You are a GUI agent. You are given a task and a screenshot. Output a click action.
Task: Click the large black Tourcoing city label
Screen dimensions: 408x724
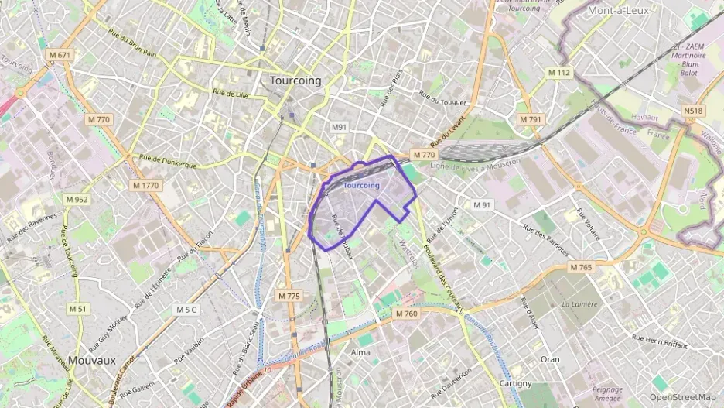pos(295,81)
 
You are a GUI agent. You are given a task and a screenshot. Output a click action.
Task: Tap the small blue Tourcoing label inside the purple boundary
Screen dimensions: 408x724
pos(361,186)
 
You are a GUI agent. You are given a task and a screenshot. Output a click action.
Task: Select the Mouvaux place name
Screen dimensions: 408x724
pos(91,360)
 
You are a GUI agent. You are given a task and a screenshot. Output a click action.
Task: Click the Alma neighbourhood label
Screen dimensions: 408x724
pos(360,352)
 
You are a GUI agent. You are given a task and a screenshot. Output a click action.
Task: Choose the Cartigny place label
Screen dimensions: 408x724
pos(515,383)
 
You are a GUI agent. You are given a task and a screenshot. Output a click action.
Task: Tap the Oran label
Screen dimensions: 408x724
pos(550,359)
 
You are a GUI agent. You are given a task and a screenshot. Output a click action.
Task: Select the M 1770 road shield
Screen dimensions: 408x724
pos(145,186)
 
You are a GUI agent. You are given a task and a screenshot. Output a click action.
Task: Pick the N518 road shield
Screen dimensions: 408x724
pos(694,111)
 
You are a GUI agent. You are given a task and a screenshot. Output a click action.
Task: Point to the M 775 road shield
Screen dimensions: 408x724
pos(288,297)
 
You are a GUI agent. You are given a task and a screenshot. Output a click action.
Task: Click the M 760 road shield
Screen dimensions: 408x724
pos(406,314)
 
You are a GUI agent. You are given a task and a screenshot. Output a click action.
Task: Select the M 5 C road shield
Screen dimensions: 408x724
pos(186,310)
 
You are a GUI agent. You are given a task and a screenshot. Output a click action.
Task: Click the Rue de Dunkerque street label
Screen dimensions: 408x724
pos(168,160)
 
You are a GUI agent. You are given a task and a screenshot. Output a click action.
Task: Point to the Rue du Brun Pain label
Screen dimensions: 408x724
pos(132,43)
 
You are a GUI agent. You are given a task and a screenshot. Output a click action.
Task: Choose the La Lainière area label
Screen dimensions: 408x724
pos(579,304)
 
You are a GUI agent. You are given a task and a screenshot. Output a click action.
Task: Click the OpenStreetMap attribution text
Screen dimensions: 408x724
pos(682,397)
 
